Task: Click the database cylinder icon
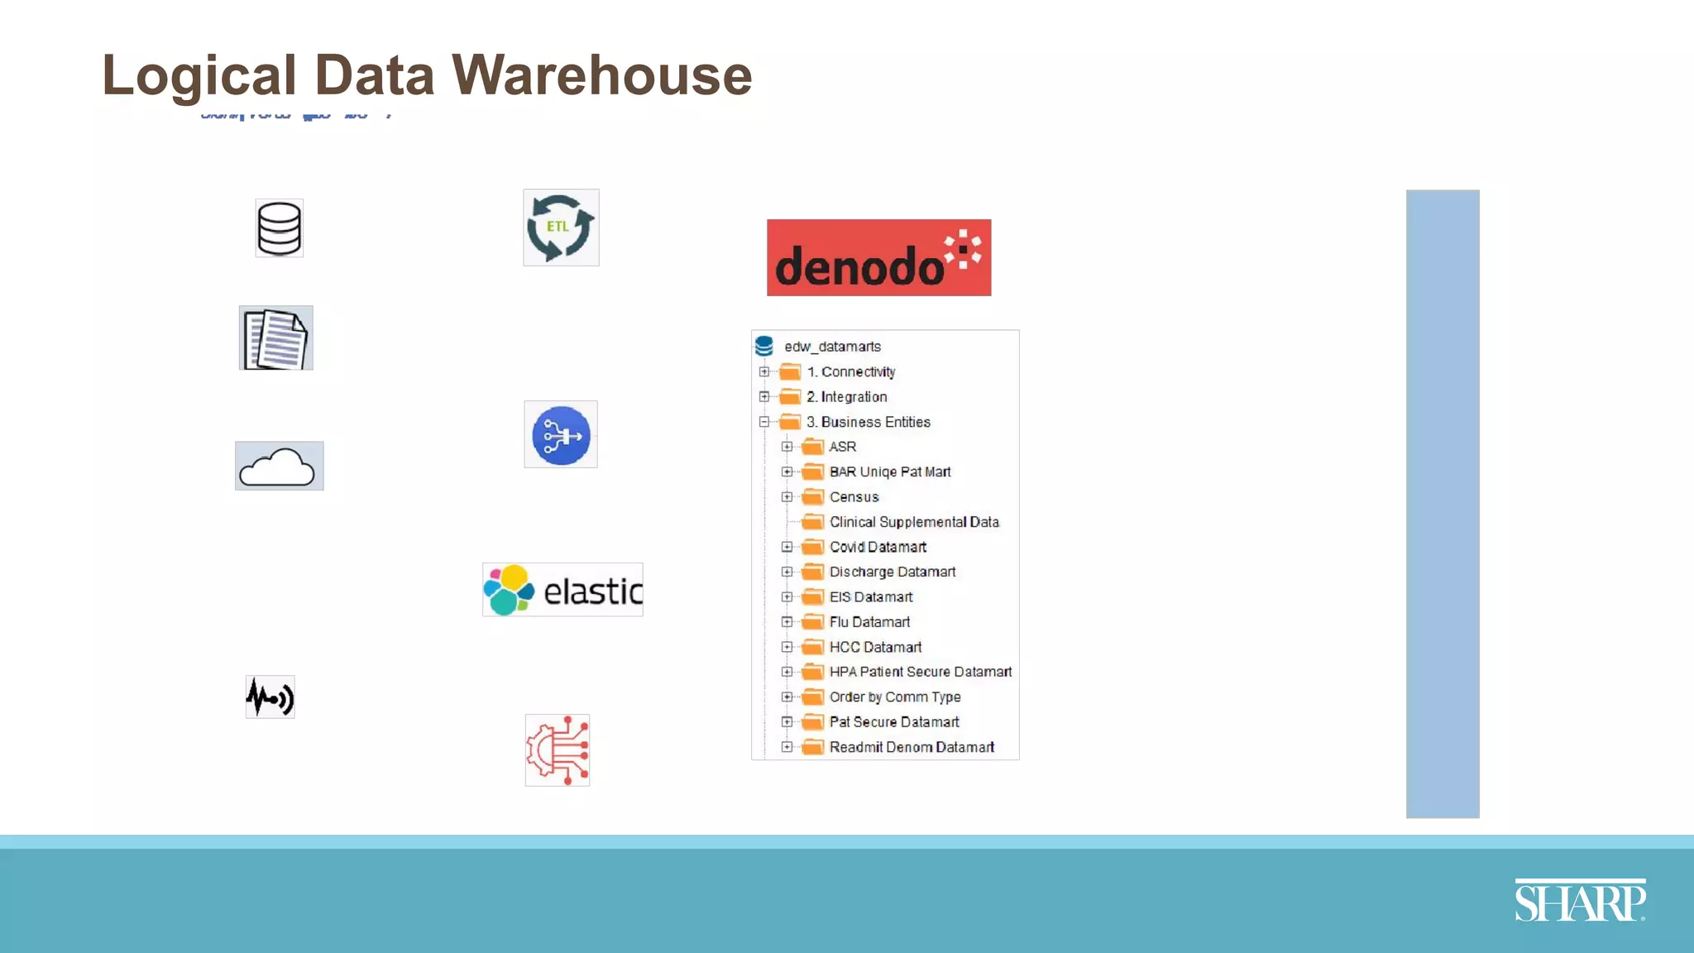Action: [x=280, y=228]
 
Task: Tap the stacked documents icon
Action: [x=276, y=338]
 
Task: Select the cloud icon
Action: [x=279, y=467]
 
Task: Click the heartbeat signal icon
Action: [x=270, y=697]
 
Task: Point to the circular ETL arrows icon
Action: [x=561, y=227]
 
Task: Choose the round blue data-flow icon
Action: [x=561, y=435]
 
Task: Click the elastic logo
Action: [x=562, y=591]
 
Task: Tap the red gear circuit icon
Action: [x=557, y=750]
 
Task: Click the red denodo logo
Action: [x=878, y=258]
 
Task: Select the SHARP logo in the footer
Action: [x=1580, y=901]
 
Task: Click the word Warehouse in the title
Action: [x=602, y=75]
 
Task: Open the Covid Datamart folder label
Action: [x=878, y=548]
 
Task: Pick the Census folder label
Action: [x=854, y=497]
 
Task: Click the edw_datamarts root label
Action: [x=832, y=347]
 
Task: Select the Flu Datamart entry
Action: [x=869, y=622]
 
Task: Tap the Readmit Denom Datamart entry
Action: [x=912, y=748]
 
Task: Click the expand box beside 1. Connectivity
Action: [x=764, y=372]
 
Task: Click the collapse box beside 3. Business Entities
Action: [x=764, y=422]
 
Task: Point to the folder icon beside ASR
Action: [x=814, y=448]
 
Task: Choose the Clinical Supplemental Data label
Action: [x=914, y=522]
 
